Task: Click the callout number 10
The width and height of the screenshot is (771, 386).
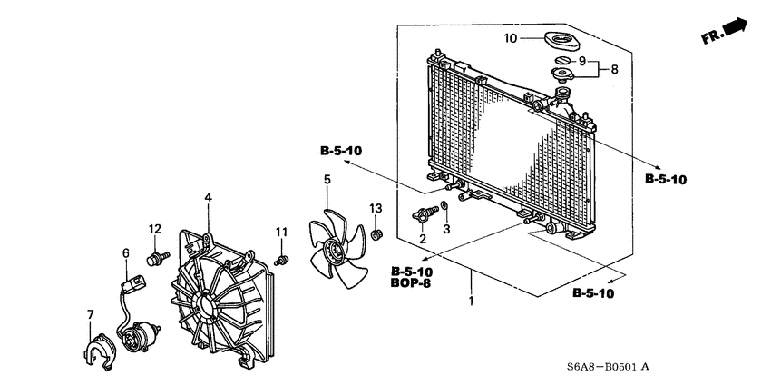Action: click(511, 39)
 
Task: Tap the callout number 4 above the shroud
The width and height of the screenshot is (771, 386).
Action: click(208, 197)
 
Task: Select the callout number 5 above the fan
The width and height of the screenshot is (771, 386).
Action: click(327, 180)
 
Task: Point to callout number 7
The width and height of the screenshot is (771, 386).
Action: click(90, 314)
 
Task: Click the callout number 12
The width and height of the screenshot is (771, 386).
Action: click(155, 228)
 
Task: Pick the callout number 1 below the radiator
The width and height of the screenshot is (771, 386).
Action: click(471, 301)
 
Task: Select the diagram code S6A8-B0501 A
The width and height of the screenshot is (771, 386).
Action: click(605, 366)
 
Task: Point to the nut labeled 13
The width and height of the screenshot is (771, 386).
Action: click(376, 236)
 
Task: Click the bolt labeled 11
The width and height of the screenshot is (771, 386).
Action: click(281, 261)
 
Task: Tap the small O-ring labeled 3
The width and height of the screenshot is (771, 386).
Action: click(444, 208)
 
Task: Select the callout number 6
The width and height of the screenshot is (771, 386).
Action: click(126, 253)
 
